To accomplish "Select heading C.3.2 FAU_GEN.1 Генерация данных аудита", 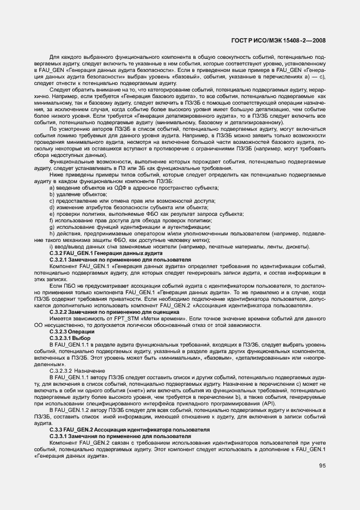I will click(x=106, y=253).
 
